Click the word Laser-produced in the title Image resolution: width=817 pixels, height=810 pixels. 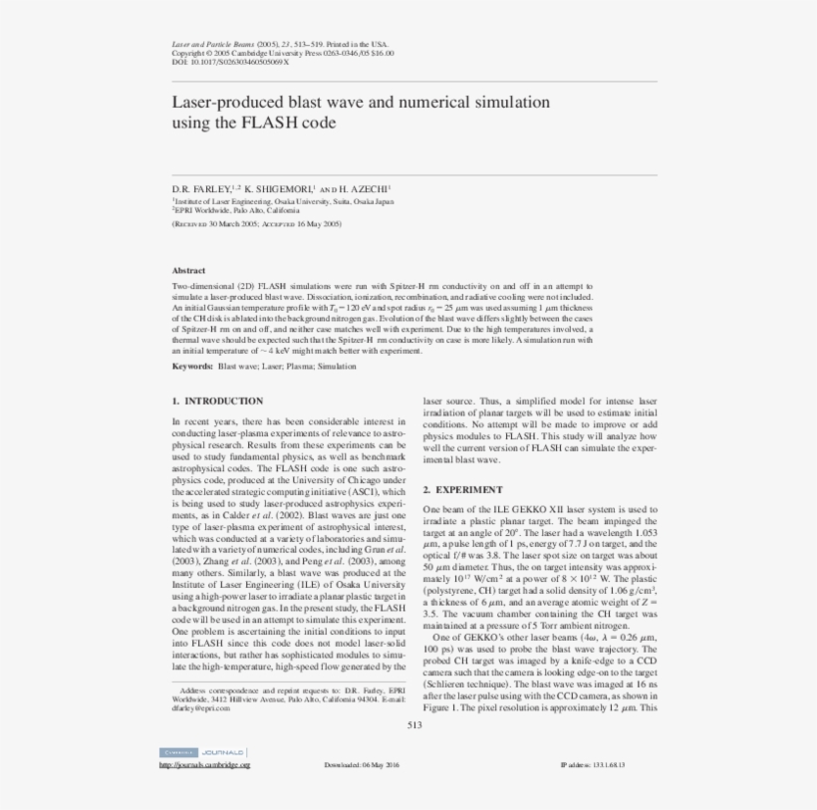[221, 103]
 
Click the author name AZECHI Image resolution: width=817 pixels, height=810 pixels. [370, 187]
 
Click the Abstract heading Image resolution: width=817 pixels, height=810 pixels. [188, 270]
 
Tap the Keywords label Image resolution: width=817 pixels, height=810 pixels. [192, 367]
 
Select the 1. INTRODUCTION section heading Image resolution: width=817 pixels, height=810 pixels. [217, 402]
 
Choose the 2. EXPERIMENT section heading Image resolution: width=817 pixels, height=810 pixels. [463, 490]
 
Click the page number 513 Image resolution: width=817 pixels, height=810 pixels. [414, 724]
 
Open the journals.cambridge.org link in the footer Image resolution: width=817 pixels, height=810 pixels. [204, 765]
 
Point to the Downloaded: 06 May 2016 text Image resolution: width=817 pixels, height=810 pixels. [362, 765]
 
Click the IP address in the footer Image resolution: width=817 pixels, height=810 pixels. [593, 765]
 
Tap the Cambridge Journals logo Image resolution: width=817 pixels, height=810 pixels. [202, 752]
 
